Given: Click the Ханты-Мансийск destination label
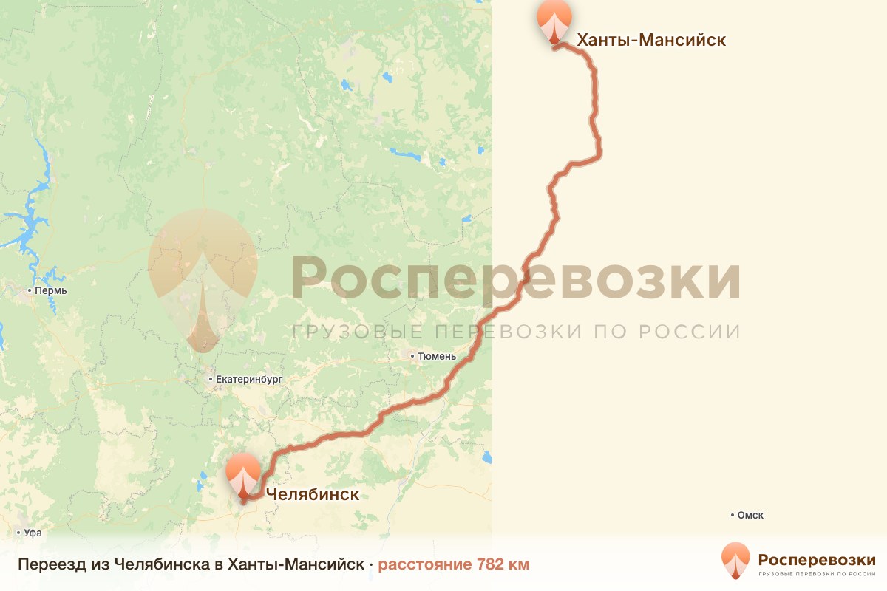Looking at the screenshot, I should (x=650, y=40).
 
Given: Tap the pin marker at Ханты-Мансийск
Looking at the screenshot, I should (x=554, y=21).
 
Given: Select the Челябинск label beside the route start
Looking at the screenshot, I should (x=311, y=494).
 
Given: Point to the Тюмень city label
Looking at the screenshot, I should (x=437, y=356).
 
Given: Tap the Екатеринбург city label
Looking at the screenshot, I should (x=249, y=380).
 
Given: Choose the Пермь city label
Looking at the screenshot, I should (x=52, y=291).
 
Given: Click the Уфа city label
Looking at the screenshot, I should (x=33, y=533).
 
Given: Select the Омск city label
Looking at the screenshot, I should (x=750, y=515).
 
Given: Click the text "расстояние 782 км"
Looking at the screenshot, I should (x=454, y=564).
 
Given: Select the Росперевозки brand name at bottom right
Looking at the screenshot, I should (x=817, y=559).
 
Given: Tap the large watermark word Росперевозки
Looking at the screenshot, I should (x=515, y=278).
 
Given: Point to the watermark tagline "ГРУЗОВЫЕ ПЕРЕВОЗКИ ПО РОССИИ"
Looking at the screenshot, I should (x=515, y=332).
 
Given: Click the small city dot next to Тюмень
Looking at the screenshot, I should (x=413, y=356).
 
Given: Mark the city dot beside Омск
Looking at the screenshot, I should (x=732, y=515).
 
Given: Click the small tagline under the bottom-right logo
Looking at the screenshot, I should (x=817, y=573).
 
